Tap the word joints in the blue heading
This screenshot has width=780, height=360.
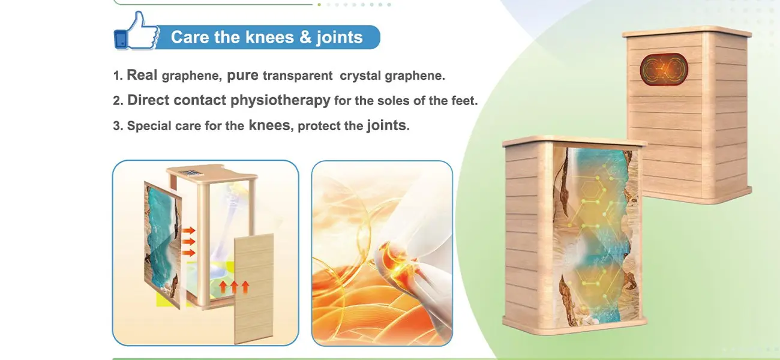pyautogui.click(x=339, y=37)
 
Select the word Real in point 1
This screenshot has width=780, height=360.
pyautogui.click(x=142, y=75)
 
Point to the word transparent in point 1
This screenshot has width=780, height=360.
pyautogui.click(x=298, y=76)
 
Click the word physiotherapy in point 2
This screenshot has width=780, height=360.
pyautogui.click(x=280, y=100)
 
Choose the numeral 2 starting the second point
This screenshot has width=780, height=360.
pyautogui.click(x=117, y=101)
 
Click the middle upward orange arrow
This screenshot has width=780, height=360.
pyautogui.click(x=233, y=287)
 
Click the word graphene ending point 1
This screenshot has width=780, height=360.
pyautogui.click(x=415, y=76)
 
